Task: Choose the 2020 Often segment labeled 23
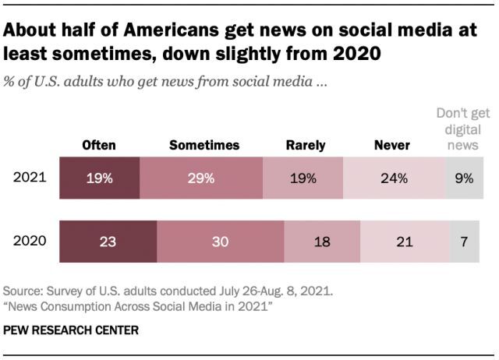point(108,242)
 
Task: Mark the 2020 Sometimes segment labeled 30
point(221,242)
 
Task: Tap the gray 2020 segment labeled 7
point(465,242)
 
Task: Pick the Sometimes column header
point(204,145)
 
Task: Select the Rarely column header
point(305,145)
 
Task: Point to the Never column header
point(391,145)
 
